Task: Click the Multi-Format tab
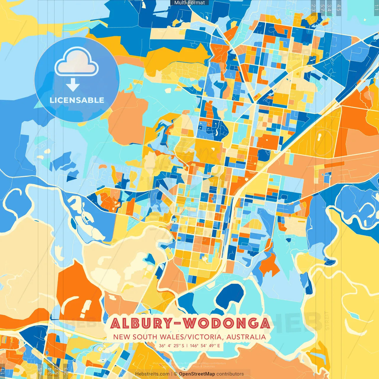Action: click(x=189, y=3)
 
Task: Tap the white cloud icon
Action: click(x=76, y=63)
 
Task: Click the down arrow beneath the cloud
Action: click(x=73, y=85)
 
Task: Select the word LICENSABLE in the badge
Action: click(x=77, y=100)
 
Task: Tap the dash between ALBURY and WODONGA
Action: click(x=177, y=323)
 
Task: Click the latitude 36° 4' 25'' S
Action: click(x=171, y=346)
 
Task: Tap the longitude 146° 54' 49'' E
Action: click(x=205, y=346)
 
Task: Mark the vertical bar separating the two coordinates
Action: click(x=187, y=346)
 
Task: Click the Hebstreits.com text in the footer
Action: click(x=152, y=374)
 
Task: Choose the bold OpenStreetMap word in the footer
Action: click(x=197, y=374)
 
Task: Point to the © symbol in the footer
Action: click(x=176, y=374)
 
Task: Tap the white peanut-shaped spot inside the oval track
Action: click(x=320, y=137)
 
